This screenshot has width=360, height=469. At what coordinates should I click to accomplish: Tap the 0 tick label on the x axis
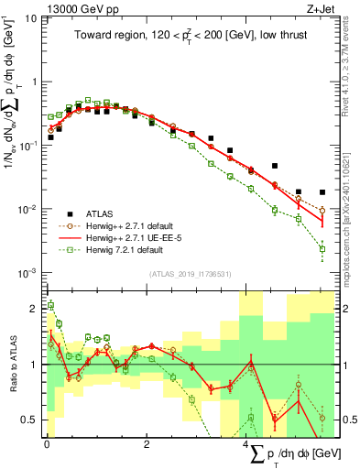[x=47, y=444]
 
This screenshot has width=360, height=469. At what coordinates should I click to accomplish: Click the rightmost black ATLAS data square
[x=322, y=192]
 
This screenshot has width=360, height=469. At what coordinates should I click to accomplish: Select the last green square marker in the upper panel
[x=322, y=248]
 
